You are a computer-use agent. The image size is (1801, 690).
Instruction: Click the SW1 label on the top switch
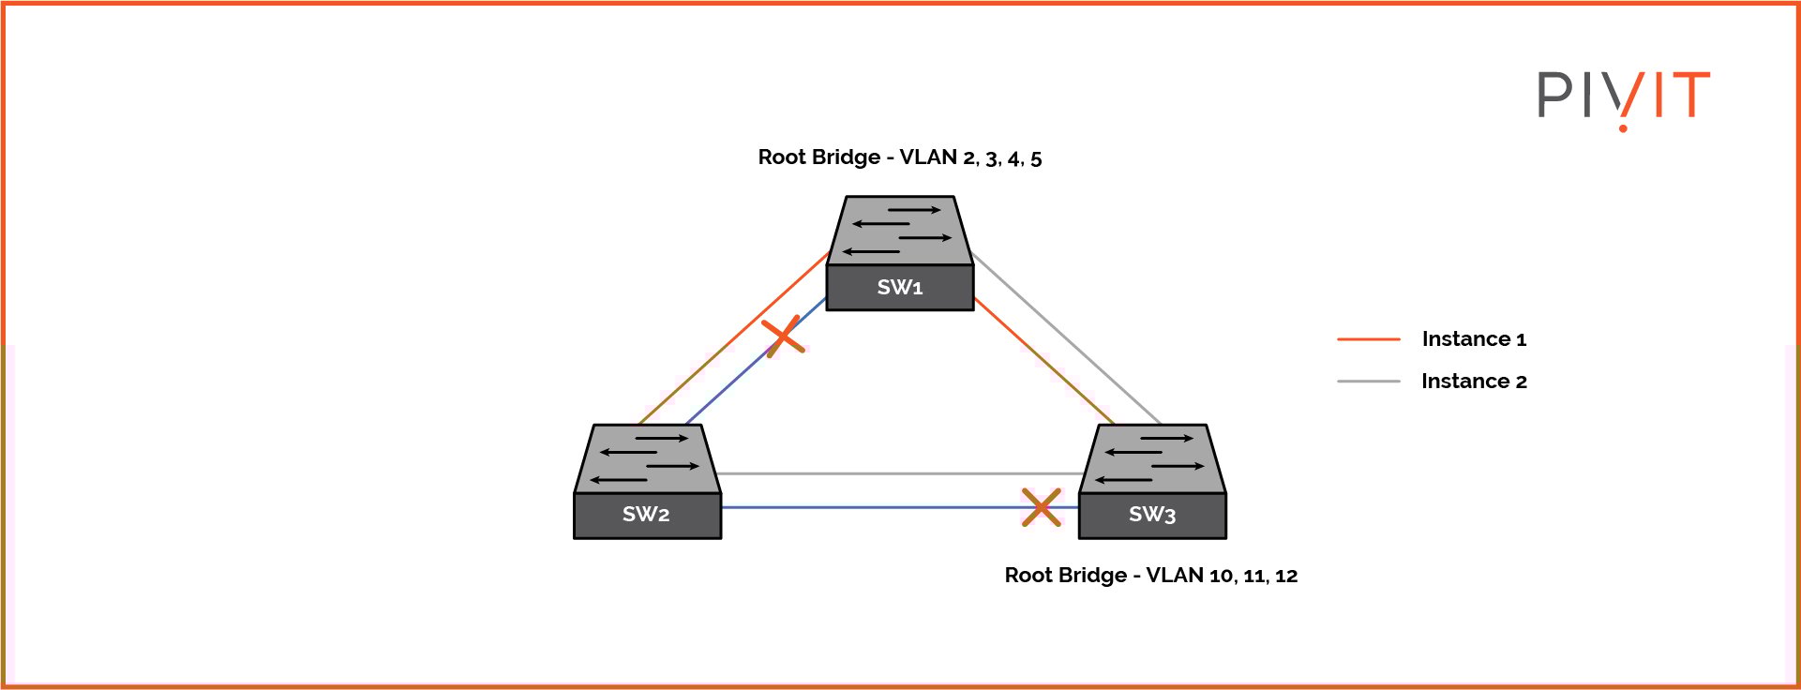[900, 288]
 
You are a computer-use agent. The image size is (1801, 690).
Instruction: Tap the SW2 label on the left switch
[646, 515]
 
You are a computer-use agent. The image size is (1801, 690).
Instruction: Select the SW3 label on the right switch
[1152, 515]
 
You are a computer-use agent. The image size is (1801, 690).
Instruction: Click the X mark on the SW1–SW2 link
[783, 337]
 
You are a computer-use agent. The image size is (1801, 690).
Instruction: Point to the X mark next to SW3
[1042, 507]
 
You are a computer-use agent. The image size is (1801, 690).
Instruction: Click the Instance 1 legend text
[1474, 339]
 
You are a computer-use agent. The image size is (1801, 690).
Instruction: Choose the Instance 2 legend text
[1474, 382]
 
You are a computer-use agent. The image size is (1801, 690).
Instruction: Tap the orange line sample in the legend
[1369, 339]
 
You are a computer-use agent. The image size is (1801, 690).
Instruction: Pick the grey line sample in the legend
[1369, 382]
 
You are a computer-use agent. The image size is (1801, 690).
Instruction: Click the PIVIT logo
[1624, 97]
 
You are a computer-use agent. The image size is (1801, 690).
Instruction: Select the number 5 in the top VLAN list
[1036, 158]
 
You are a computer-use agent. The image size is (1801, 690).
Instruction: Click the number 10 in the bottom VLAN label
[1222, 576]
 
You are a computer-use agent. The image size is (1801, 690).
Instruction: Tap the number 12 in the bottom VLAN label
[1286, 576]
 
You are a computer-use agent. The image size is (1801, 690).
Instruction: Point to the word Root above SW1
[778, 157]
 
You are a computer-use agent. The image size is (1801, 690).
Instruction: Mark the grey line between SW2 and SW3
[900, 473]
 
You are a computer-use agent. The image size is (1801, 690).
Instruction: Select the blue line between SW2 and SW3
[872, 507]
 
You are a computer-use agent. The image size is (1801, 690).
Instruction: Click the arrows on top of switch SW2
[647, 459]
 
